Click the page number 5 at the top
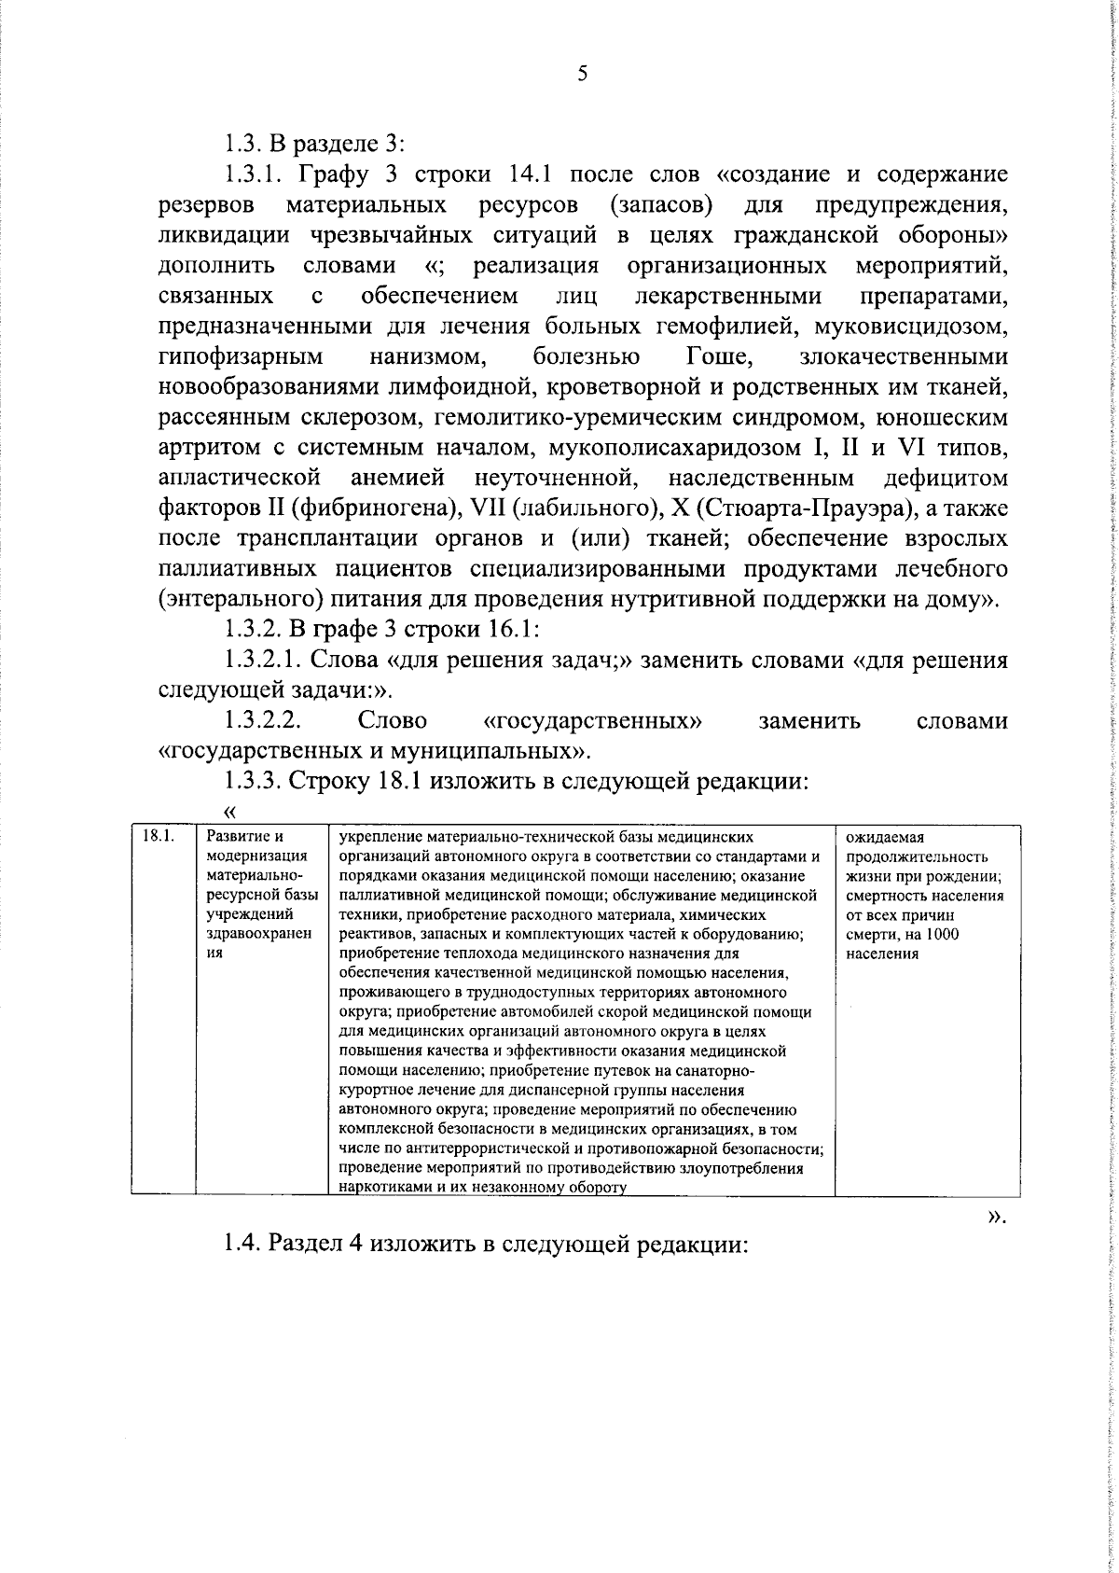583,75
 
